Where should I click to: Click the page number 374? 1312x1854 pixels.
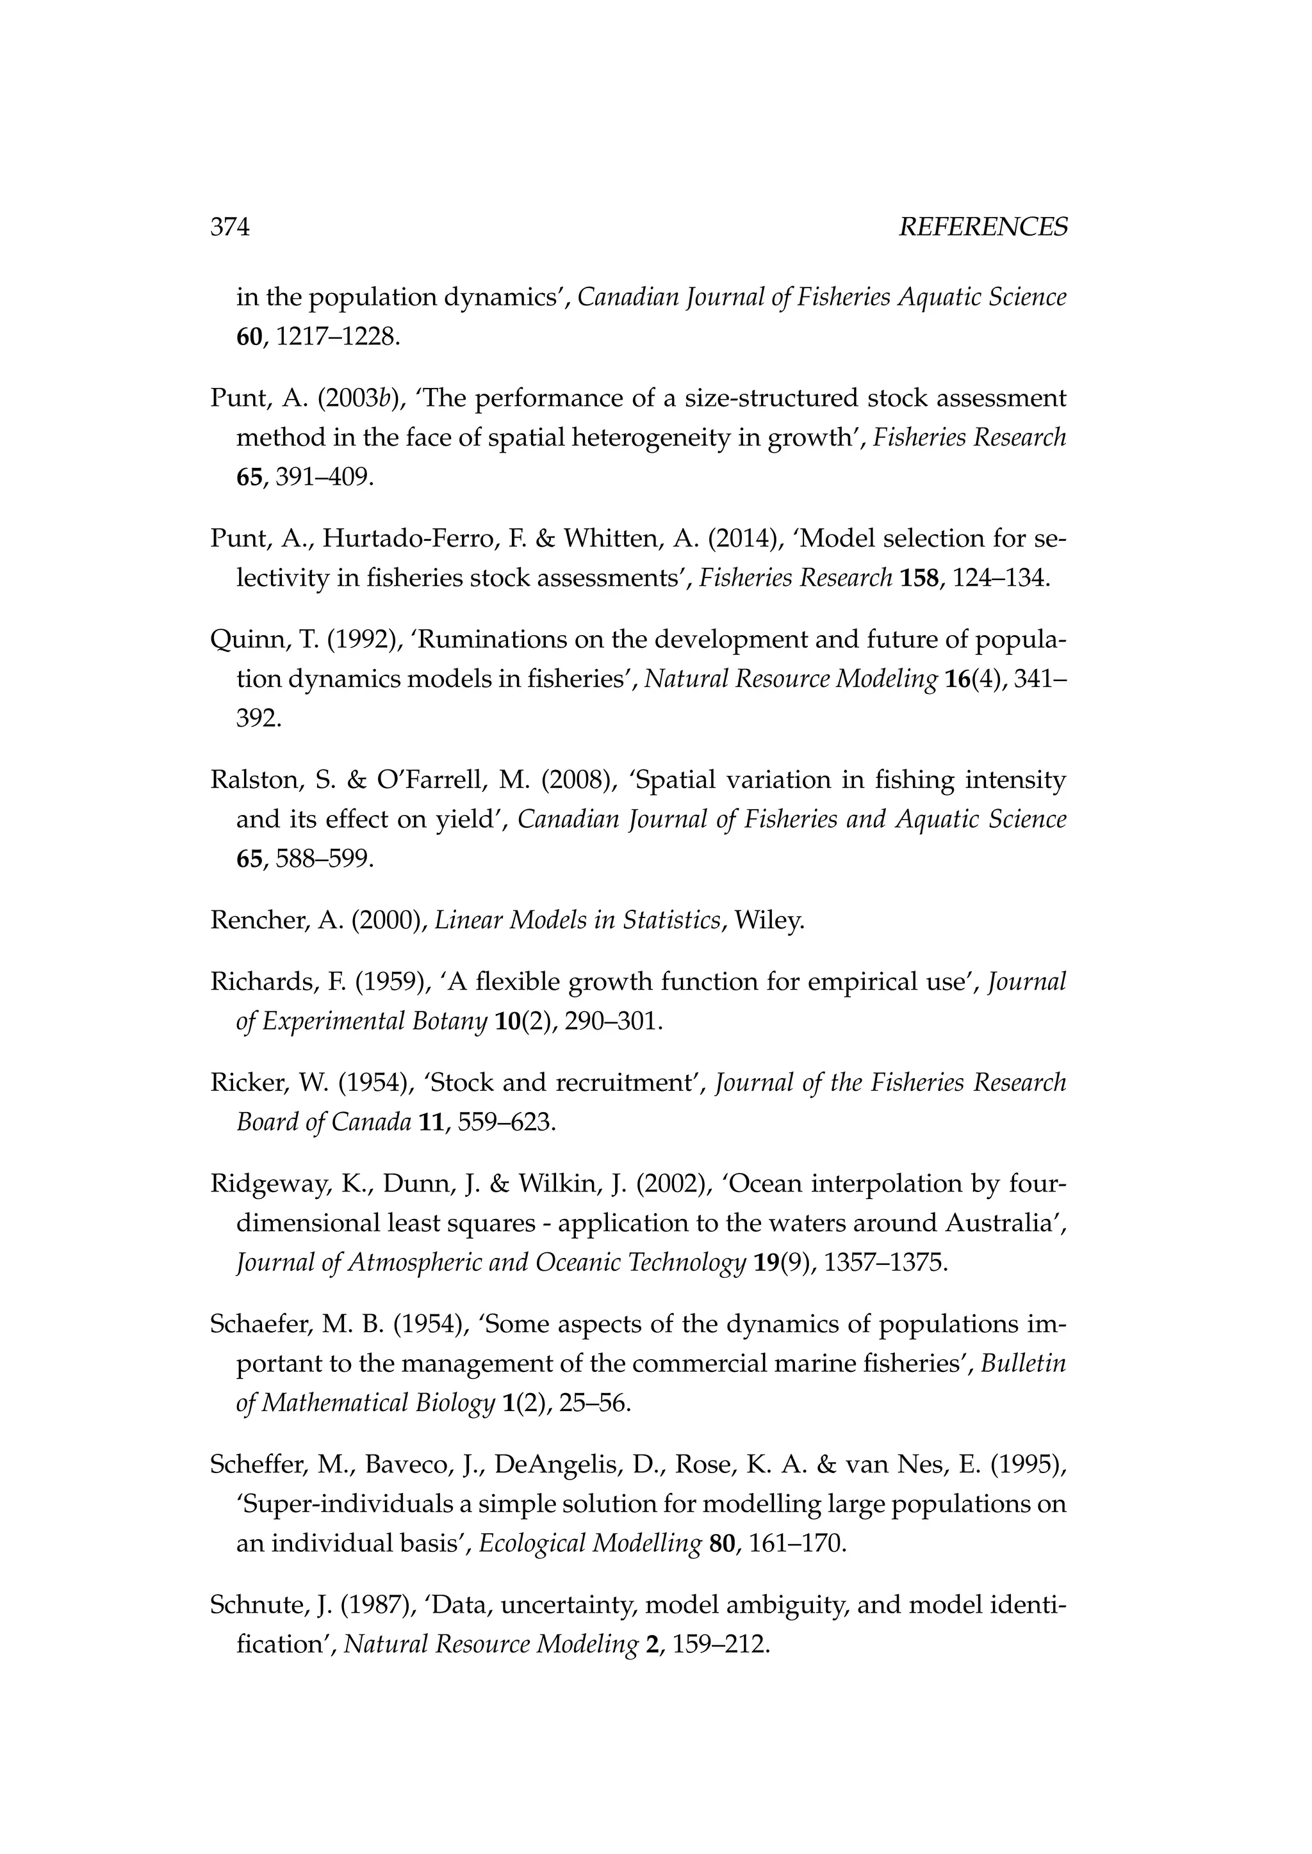(230, 228)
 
